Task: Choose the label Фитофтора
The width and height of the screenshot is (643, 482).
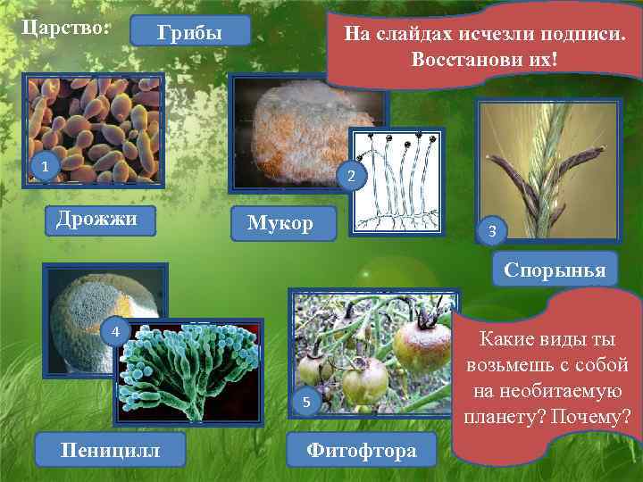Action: (361, 450)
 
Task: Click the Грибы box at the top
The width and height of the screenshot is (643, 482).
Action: (189, 33)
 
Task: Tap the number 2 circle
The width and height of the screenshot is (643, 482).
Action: (351, 178)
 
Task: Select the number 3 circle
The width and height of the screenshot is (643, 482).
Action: (492, 233)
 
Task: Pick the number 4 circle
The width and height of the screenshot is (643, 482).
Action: (115, 333)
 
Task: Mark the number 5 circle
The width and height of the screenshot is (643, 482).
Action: (306, 403)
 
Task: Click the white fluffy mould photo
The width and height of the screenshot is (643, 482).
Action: (295, 129)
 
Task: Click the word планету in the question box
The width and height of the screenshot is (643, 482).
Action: (505, 415)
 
